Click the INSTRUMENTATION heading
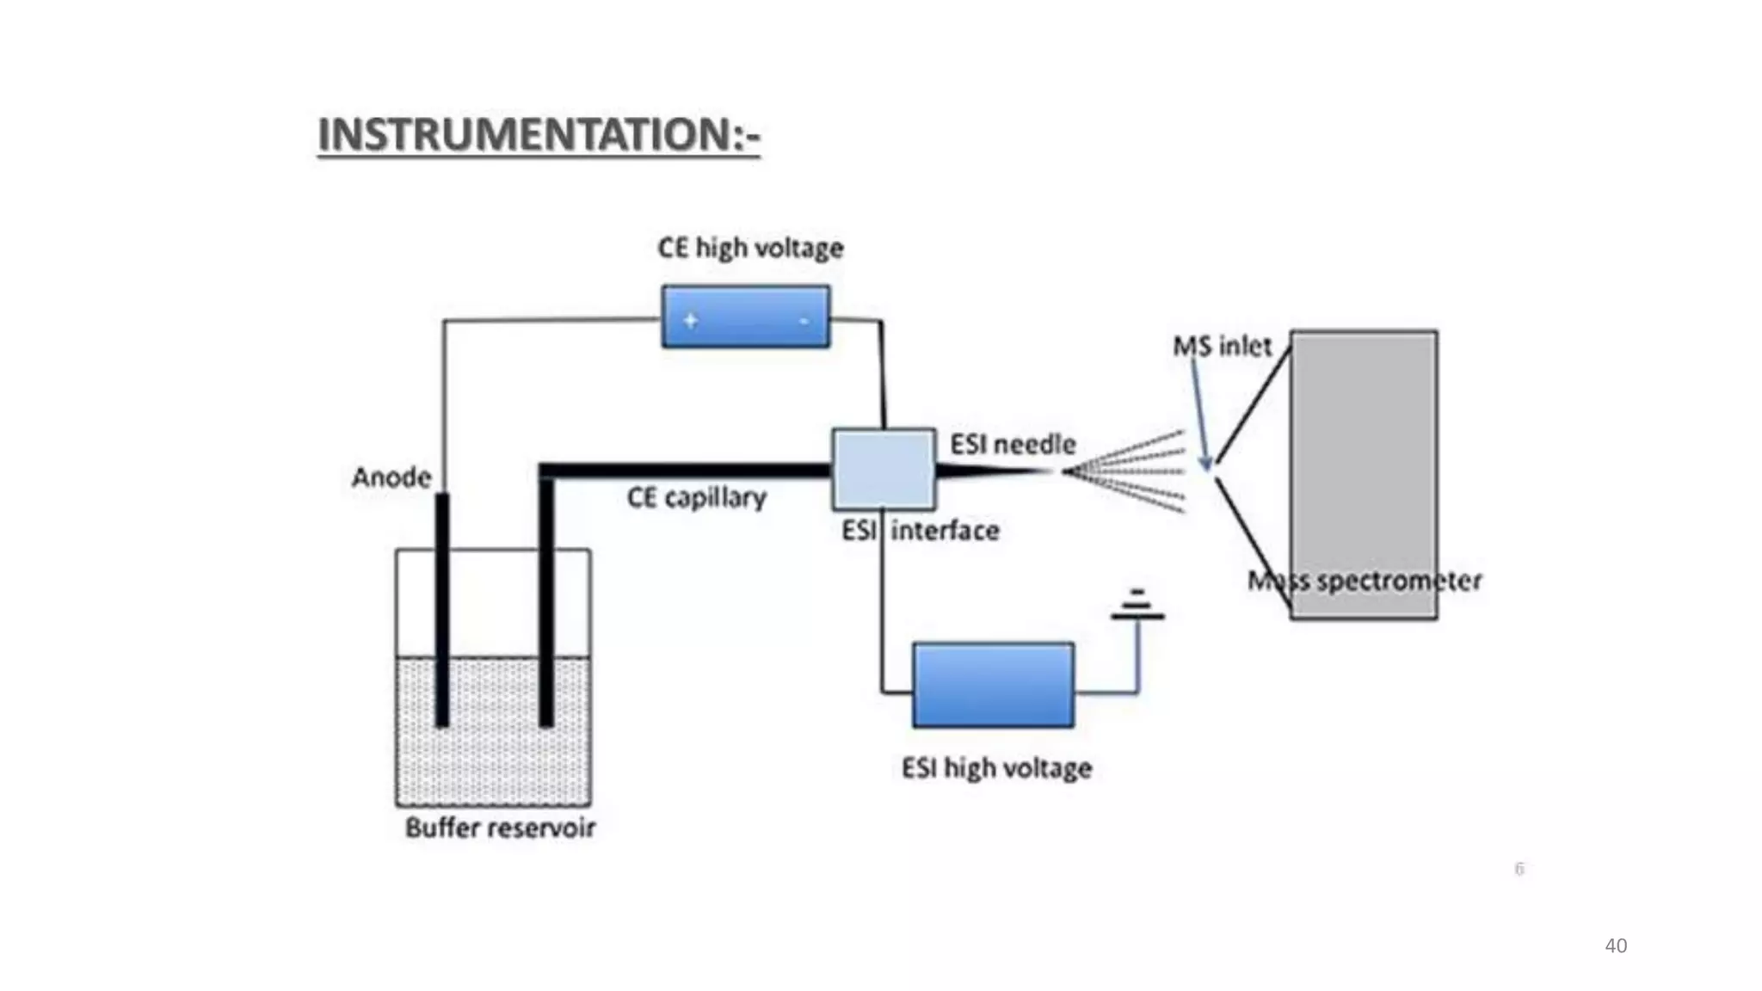click(539, 135)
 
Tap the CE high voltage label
click(750, 248)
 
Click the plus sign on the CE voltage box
click(690, 320)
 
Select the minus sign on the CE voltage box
click(804, 321)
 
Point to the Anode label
click(391, 477)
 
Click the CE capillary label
click(696, 497)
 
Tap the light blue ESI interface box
click(884, 469)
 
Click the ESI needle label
click(1013, 444)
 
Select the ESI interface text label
click(920, 530)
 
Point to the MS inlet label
click(1222, 346)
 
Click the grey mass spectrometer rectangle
click(1364, 456)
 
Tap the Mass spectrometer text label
click(1365, 581)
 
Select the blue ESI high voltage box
click(993, 685)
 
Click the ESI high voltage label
click(996, 767)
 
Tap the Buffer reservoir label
click(500, 828)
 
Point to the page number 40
click(1615, 945)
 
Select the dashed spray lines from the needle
click(1127, 471)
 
